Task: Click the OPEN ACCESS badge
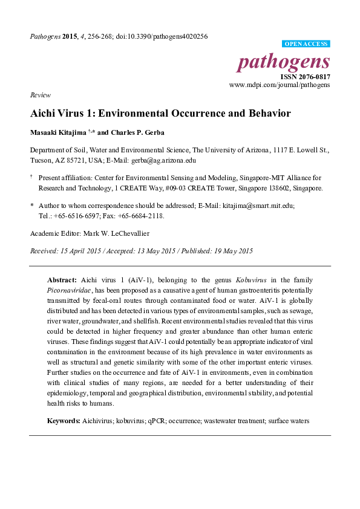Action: pos(306,44)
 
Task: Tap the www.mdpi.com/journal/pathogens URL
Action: pos(280,86)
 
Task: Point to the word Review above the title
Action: pos(40,96)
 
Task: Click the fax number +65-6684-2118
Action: pos(140,215)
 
